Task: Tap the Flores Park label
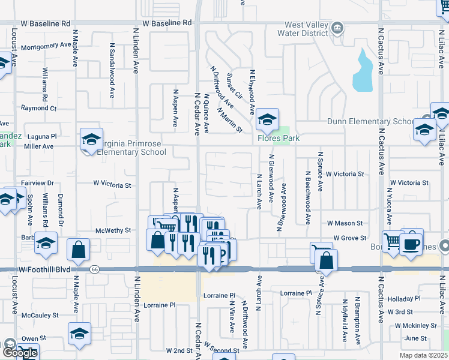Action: [279, 138]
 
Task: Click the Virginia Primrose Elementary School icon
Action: [91, 140]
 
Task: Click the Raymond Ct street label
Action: [38, 108]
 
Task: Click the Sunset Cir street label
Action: [234, 86]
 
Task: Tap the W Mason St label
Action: [345, 223]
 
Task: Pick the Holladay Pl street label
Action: [403, 298]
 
